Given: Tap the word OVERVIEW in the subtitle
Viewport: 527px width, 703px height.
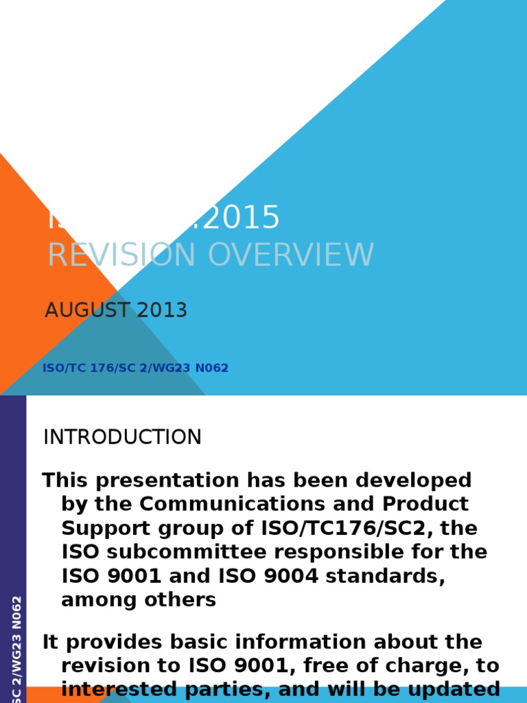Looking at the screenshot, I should click(x=291, y=255).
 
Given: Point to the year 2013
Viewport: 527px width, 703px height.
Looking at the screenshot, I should click(x=162, y=310).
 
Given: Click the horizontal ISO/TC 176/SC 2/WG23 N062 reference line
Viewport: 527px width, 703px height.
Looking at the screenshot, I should click(x=135, y=369).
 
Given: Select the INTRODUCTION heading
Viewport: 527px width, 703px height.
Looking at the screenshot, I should click(x=122, y=437).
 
